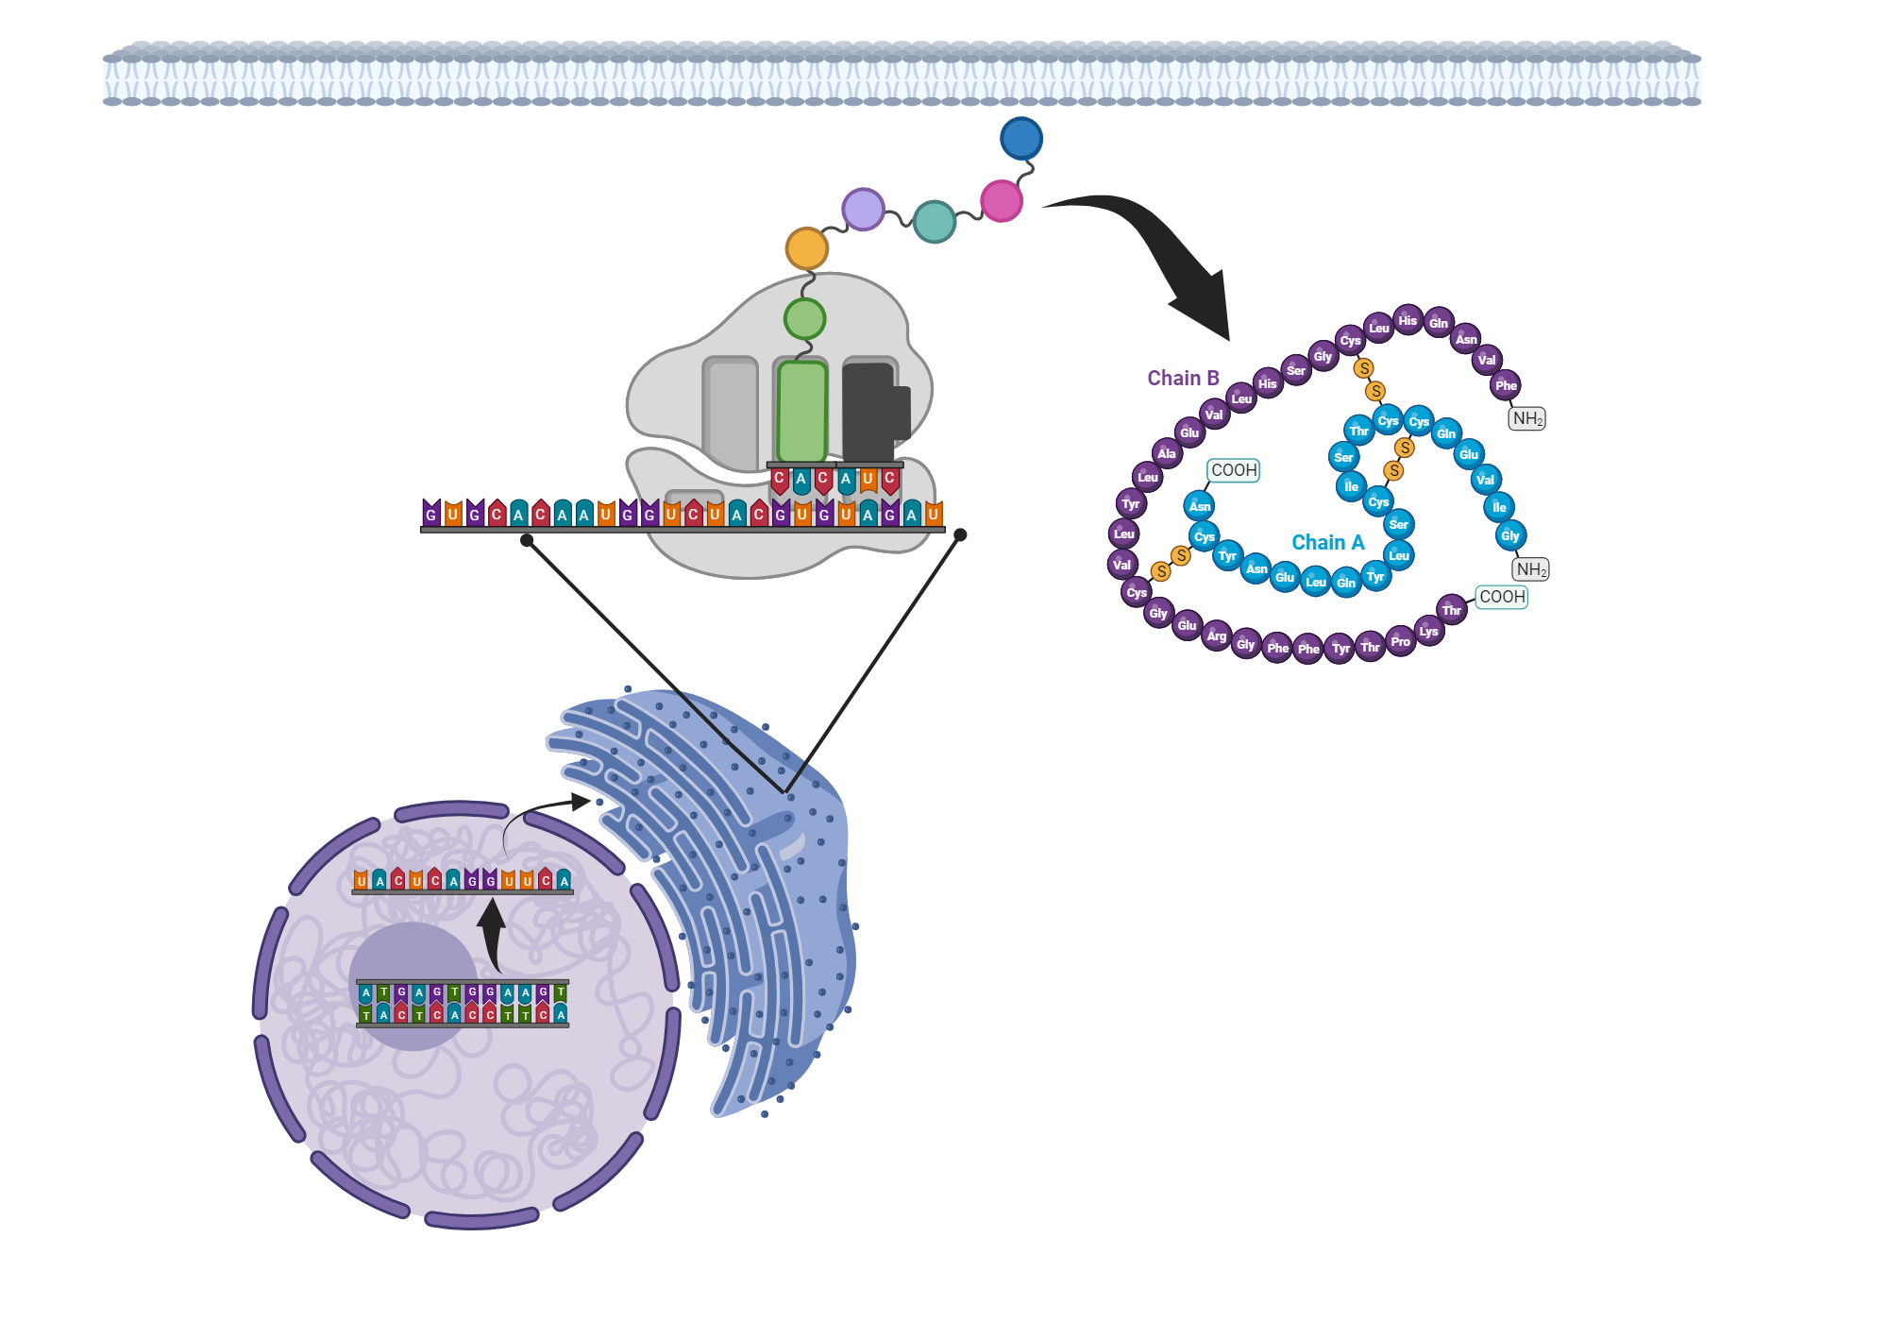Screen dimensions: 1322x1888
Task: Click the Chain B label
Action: click(1183, 378)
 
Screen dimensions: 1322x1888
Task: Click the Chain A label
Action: click(1327, 542)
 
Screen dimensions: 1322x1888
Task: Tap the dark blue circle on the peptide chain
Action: click(1020, 139)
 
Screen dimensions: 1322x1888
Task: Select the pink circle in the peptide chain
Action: click(1002, 200)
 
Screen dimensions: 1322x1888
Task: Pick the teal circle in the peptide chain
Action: click(935, 222)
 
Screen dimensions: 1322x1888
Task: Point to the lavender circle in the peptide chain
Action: click(863, 209)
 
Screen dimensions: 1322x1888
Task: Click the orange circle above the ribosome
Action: click(806, 248)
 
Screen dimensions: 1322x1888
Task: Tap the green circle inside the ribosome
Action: click(804, 319)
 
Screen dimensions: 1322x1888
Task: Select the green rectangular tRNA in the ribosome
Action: click(801, 412)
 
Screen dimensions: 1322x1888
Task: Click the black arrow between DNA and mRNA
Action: click(491, 935)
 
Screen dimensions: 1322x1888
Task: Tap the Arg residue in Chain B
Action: click(1217, 636)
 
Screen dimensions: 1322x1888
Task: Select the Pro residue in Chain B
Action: click(1400, 641)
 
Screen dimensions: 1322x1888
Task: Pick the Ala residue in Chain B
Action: click(1167, 453)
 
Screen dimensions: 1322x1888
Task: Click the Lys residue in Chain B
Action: click(1428, 631)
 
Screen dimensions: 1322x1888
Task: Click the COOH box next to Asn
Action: click(1234, 470)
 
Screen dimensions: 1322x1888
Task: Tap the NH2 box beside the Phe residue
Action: click(1526, 418)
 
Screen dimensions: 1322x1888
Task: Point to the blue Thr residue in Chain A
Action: click(1358, 431)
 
